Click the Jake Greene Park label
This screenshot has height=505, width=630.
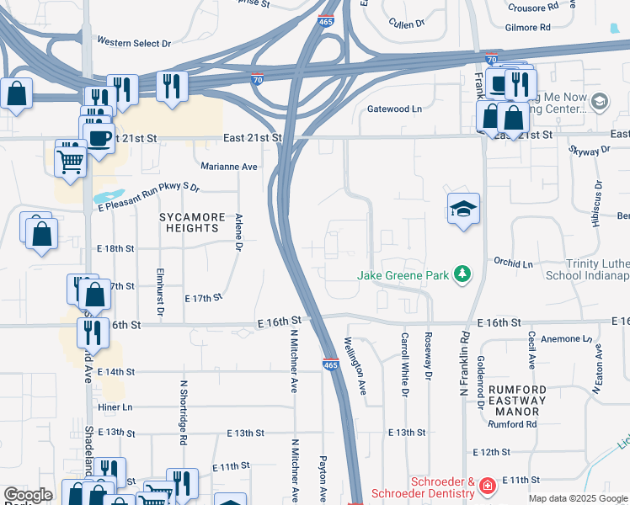(x=403, y=274)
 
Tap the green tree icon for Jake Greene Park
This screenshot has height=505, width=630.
(x=462, y=274)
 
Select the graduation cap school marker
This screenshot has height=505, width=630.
(x=463, y=208)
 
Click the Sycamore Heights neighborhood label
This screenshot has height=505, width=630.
(x=193, y=223)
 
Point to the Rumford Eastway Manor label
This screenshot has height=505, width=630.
(x=517, y=401)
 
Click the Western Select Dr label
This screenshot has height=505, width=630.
(x=134, y=41)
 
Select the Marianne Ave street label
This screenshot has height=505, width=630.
(x=228, y=167)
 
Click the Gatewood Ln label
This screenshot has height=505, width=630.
(x=394, y=109)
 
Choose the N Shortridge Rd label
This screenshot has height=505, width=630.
(x=183, y=412)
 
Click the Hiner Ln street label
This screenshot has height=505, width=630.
(x=115, y=407)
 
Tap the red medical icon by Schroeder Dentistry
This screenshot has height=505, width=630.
(x=487, y=486)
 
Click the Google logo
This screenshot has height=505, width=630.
(x=28, y=496)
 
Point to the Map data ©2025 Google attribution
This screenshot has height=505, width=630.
(x=577, y=499)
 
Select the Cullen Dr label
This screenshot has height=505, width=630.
(x=406, y=25)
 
